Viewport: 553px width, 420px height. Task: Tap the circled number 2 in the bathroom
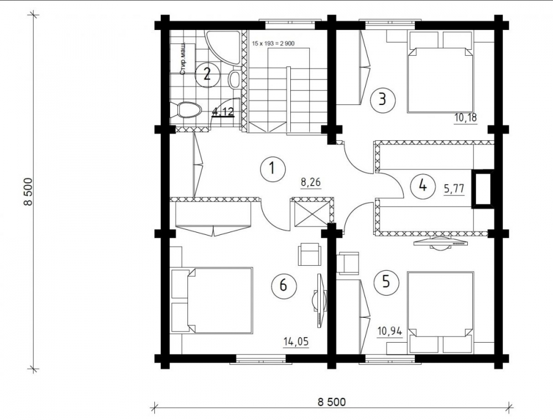207,74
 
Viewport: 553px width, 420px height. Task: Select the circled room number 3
382,99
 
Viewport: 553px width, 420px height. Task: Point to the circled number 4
422,185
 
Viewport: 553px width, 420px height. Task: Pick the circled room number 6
283,285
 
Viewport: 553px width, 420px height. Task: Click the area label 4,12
223,112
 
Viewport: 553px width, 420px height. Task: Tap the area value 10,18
466,118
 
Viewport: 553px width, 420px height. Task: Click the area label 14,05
296,342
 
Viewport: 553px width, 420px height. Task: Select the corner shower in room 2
223,48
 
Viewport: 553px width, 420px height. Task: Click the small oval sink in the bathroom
234,79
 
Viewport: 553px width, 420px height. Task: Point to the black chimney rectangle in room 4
483,188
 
